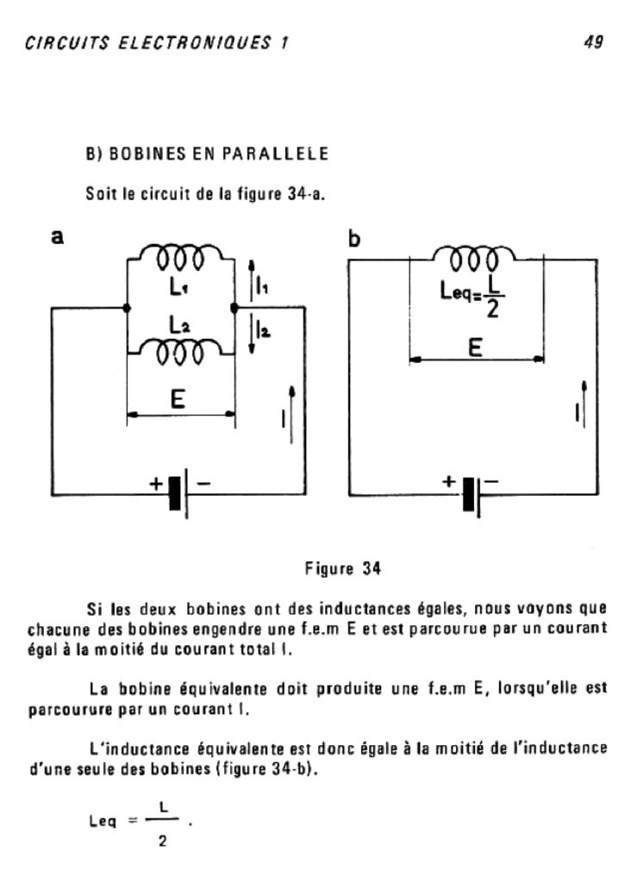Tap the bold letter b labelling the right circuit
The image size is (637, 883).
pos(353,238)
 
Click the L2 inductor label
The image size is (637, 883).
pos(180,326)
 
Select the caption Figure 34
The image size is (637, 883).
pos(343,568)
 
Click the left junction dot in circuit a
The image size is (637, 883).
pos(128,307)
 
